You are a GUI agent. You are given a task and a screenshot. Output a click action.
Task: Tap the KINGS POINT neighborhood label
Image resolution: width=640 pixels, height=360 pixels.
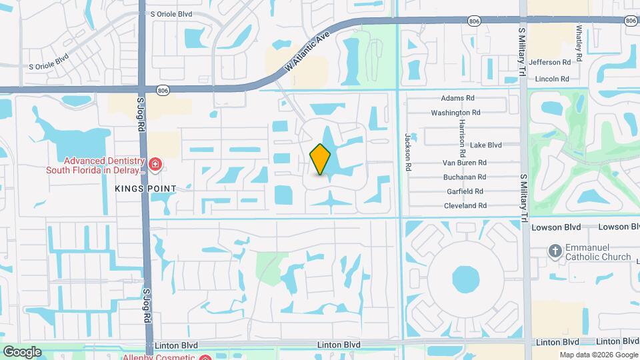coord(145,189)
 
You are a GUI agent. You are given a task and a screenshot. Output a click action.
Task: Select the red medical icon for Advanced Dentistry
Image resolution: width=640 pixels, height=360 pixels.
coord(155,163)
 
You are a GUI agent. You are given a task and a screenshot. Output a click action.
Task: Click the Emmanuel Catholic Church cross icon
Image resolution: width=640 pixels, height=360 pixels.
coord(554,251)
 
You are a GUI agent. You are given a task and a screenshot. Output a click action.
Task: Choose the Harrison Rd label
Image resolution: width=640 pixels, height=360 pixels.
coord(461,129)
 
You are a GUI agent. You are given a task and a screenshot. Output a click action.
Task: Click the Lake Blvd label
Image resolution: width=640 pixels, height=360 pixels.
coord(485,145)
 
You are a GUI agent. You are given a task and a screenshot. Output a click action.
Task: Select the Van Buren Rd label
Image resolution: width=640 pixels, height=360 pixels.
coord(465,162)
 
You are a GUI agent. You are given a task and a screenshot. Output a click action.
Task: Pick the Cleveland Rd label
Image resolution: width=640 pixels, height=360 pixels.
coord(465,206)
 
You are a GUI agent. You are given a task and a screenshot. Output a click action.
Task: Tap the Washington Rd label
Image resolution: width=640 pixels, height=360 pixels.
coord(456,113)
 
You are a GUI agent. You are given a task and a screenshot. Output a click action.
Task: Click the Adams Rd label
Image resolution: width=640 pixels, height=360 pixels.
coord(457,97)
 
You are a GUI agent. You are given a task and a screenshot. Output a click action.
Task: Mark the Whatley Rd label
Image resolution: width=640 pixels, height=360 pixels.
coord(579,44)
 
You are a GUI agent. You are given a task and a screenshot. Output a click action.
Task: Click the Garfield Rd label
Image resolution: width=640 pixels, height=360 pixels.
coord(466,191)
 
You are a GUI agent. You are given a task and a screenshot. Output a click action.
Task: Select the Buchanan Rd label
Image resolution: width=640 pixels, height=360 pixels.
coord(465,177)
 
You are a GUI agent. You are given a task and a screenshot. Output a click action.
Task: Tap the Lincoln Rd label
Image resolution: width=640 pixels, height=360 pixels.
coord(552,79)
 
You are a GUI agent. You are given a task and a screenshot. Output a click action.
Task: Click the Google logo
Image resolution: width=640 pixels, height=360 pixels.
coord(22,352)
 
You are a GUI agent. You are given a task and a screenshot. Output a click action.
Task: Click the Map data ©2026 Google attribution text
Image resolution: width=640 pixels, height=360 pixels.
coord(598,355)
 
